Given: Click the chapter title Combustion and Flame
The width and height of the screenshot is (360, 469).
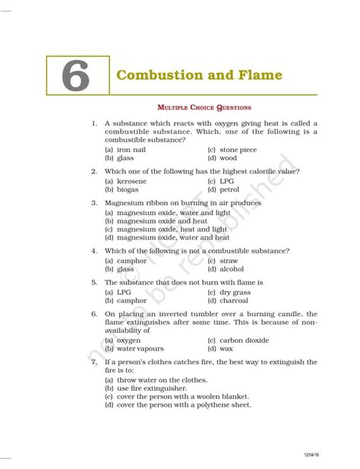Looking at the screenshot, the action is click(x=198, y=75).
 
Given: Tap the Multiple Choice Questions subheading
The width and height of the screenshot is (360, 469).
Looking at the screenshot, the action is click(x=203, y=108).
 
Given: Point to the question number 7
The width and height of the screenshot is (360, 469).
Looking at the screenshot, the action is click(x=93, y=362).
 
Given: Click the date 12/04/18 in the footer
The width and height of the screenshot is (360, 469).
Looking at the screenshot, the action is click(x=311, y=454).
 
